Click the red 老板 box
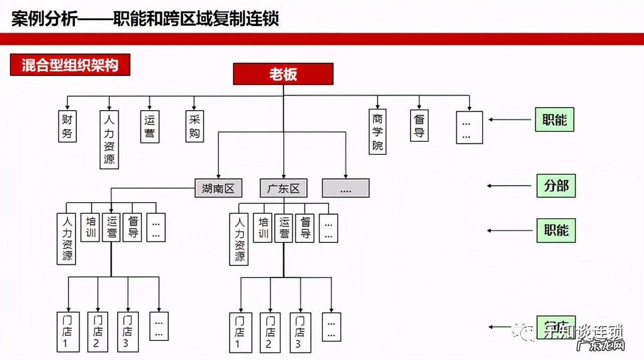tap(283, 74)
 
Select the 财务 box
tap(67, 127)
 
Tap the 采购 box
tap(195, 126)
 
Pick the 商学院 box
tap(377, 132)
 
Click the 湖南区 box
tap(218, 189)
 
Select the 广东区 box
tap(283, 189)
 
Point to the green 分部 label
tap(555, 186)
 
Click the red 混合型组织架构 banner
tap(70, 65)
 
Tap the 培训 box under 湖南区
tap(91, 227)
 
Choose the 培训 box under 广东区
tap(262, 228)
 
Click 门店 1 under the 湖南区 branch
tap(67, 332)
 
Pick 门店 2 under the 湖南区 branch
tap(97, 332)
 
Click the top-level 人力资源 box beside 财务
tap(109, 140)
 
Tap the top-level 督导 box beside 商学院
tap(419, 126)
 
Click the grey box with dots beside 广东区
tap(346, 189)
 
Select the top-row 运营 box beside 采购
tap(149, 127)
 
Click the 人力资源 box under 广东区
tap(239, 239)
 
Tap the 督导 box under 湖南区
tap(133, 227)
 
